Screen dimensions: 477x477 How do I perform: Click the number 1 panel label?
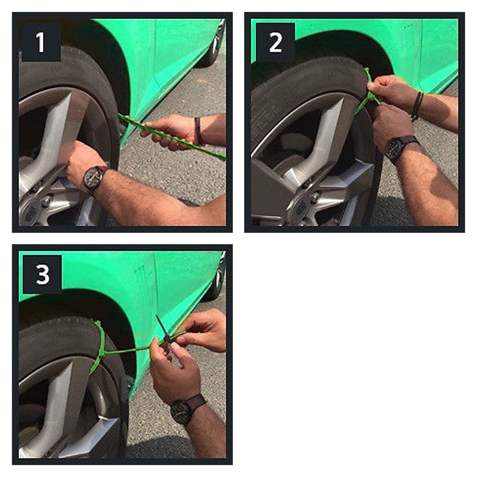(41, 42)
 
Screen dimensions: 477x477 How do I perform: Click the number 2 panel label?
(275, 42)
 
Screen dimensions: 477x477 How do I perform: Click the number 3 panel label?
(42, 274)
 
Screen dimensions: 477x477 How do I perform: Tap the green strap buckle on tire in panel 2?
(371, 95)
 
